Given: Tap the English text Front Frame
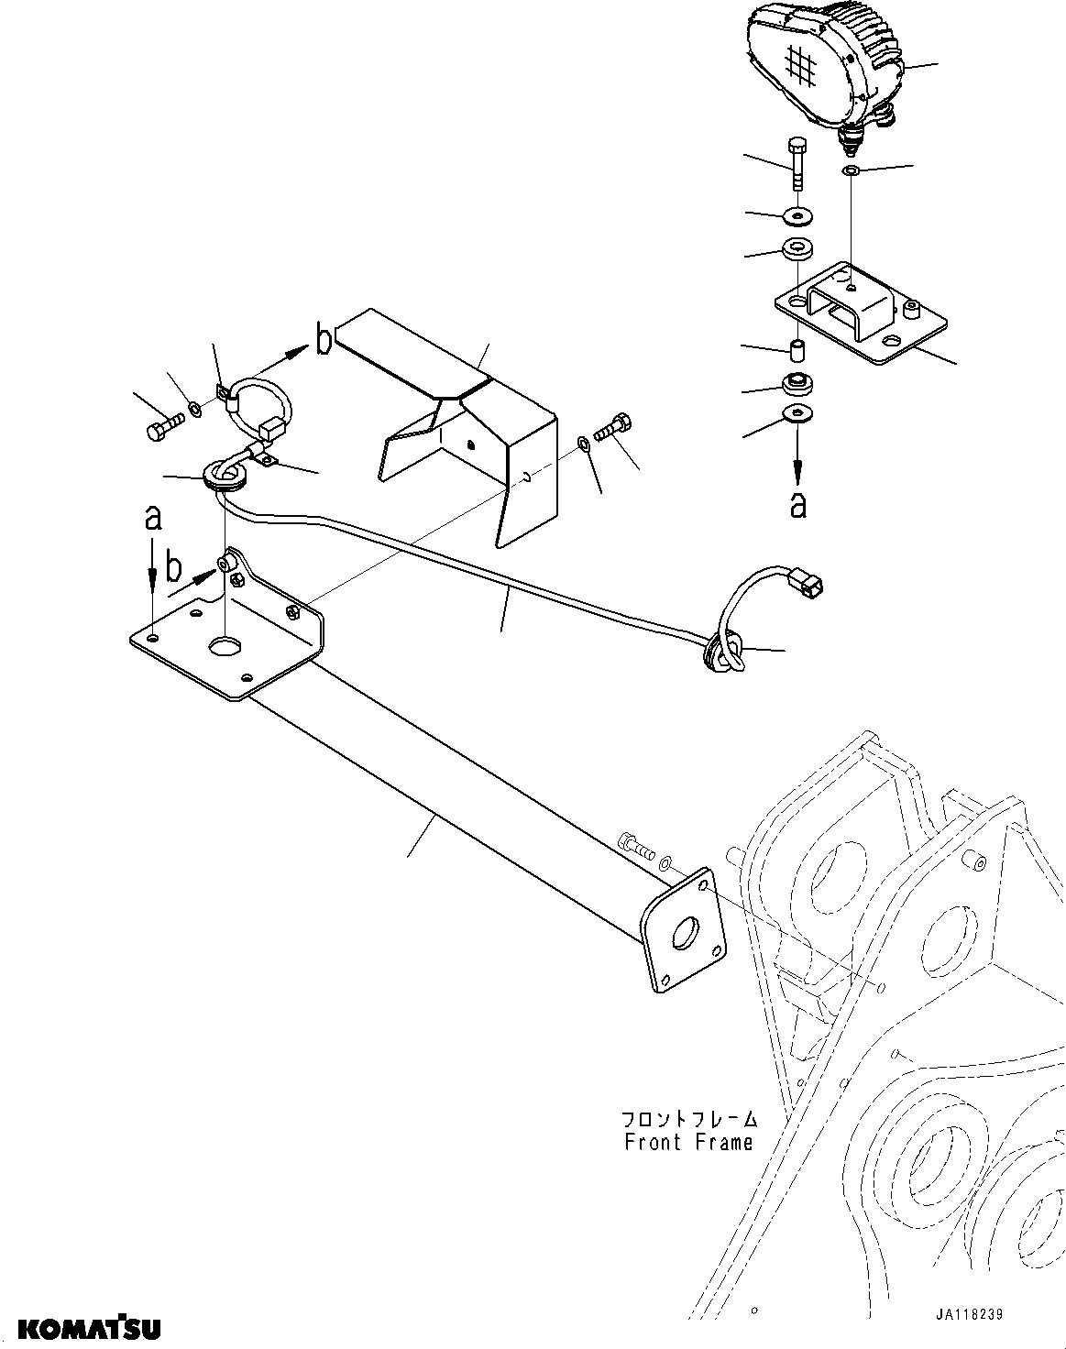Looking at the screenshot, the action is pos(688,1142).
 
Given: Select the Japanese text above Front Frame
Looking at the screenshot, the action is pos(689,1120).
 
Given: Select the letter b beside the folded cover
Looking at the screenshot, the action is pos(323,342).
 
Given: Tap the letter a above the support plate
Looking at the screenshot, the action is pos(153,520).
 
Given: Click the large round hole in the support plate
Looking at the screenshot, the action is pos(225,647).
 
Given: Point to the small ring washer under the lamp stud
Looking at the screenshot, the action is pos(850,171).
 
